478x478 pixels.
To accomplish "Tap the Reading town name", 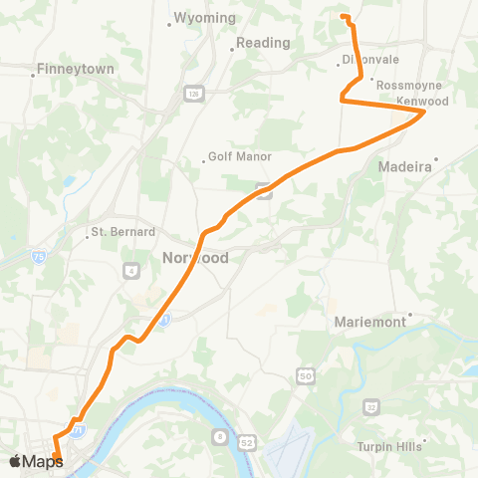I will (263, 43).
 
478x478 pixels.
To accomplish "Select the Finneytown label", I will (74, 70).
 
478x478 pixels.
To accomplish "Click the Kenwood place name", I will (423, 102).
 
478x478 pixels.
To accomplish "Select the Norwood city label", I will (195, 258).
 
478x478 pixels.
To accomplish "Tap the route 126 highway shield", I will (193, 93).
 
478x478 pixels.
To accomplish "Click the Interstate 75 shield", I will (38, 256).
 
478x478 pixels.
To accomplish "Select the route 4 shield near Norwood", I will (131, 270).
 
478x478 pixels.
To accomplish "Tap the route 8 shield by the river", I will (220, 437).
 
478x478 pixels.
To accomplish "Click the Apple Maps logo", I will (36, 460).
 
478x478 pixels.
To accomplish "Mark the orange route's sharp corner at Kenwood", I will (425, 113).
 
